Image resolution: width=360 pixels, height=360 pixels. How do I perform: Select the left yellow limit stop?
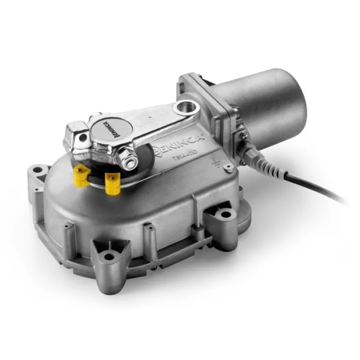click(x=81, y=177)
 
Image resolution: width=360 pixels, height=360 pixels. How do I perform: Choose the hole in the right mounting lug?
click(x=225, y=215)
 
